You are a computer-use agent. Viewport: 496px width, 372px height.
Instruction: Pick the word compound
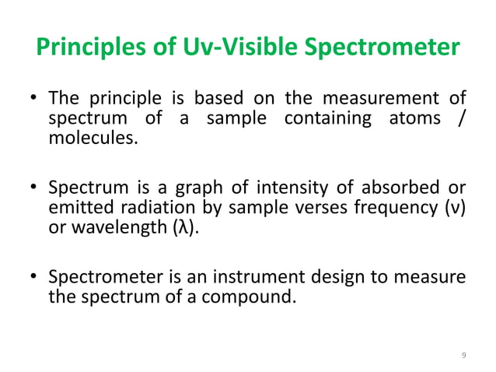(x=253, y=298)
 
